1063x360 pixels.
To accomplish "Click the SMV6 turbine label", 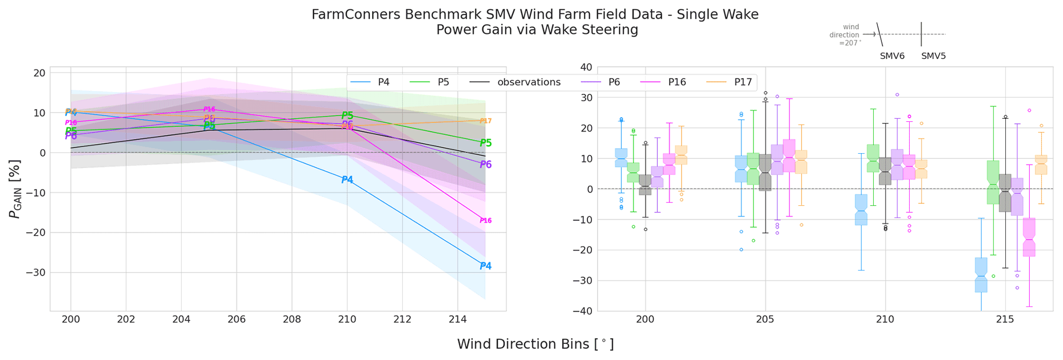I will [x=892, y=56].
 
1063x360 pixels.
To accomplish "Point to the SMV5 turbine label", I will [x=933, y=56].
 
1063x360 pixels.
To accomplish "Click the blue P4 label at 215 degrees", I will [x=485, y=266].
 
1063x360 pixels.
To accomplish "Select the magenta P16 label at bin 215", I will [x=485, y=221].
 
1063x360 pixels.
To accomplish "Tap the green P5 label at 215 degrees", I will [x=485, y=143].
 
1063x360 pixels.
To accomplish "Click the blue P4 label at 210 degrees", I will [x=347, y=179].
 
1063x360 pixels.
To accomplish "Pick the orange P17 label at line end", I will [x=485, y=121].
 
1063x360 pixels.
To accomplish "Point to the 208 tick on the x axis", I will [x=292, y=319].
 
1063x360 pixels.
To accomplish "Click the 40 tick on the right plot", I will [x=587, y=67].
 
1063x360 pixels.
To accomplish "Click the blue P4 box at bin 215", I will [x=981, y=275].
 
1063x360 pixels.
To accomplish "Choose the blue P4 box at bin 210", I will [x=861, y=210].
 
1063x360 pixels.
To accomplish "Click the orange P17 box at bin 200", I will [x=681, y=155].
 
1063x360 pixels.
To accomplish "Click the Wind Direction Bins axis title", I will [x=535, y=344].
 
